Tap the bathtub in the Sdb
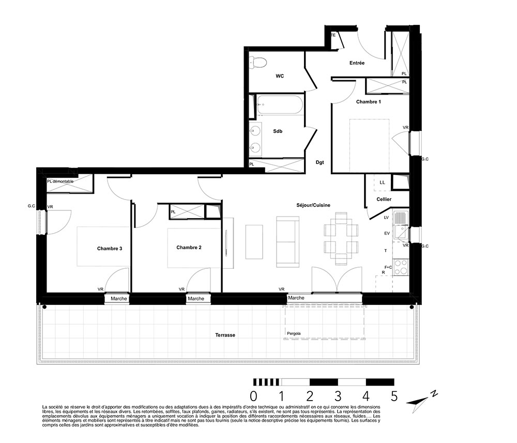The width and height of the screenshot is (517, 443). click(x=280, y=105)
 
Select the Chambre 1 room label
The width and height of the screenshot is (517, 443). click(x=368, y=102)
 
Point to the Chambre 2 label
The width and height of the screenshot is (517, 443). click(x=189, y=248)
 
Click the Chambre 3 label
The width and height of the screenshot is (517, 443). click(x=110, y=249)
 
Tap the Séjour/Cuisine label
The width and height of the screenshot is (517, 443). click(x=313, y=205)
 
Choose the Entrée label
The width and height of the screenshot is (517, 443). click(x=357, y=63)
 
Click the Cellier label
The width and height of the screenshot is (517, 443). click(x=384, y=200)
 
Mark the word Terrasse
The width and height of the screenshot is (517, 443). click(x=225, y=335)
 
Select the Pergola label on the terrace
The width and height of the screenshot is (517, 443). click(x=294, y=333)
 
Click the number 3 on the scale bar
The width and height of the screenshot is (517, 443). click(x=338, y=396)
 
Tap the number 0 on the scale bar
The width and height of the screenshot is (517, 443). click(x=253, y=396)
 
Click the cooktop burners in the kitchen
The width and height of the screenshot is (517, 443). click(x=401, y=267)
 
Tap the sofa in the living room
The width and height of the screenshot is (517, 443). click(x=287, y=241)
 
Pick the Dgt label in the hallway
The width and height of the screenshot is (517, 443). click(x=320, y=162)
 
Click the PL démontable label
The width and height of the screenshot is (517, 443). click(x=60, y=181)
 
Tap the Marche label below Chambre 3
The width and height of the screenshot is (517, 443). click(x=119, y=299)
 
